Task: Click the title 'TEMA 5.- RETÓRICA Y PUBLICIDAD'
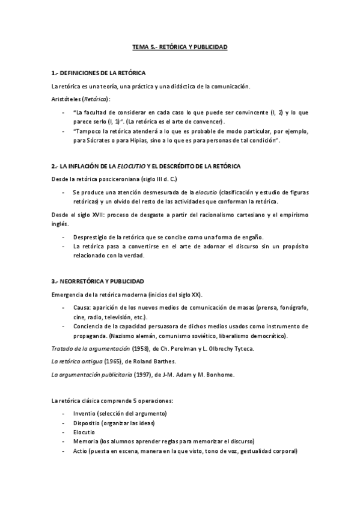(x=180, y=46)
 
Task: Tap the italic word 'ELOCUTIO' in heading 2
(x=130, y=165)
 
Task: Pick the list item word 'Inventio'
(x=84, y=414)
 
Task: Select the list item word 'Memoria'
(x=85, y=441)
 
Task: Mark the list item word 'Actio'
(x=80, y=451)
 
